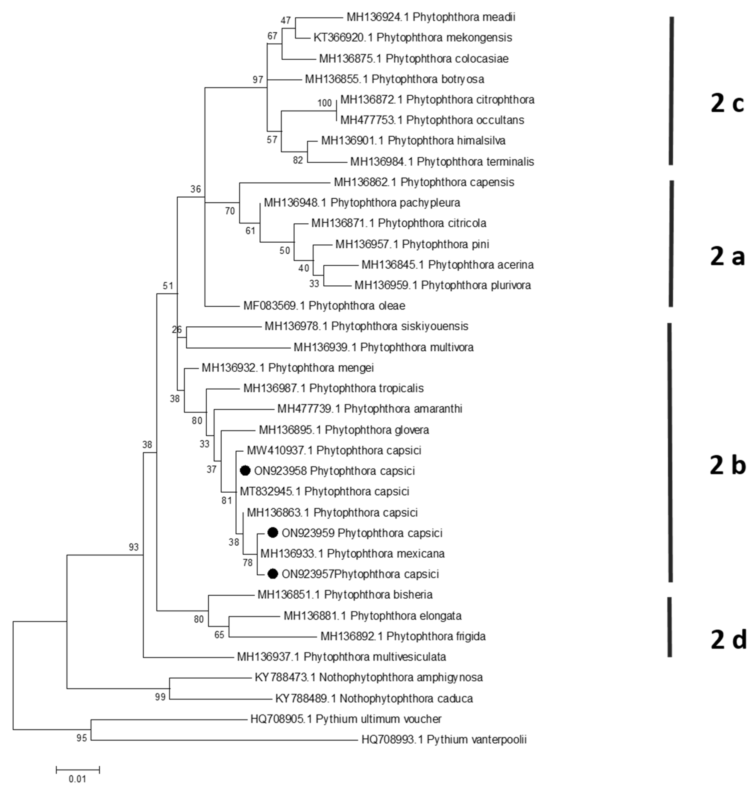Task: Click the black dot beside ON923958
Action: [245, 471]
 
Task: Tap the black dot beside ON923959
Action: [273, 532]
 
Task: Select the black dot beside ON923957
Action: [273, 574]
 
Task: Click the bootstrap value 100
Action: [325, 103]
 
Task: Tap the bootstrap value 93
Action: [134, 547]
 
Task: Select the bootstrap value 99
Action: [160, 697]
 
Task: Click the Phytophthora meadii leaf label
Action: [431, 17]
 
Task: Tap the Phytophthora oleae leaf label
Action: [324, 306]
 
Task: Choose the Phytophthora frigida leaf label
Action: [403, 636]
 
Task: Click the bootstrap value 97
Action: [258, 80]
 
